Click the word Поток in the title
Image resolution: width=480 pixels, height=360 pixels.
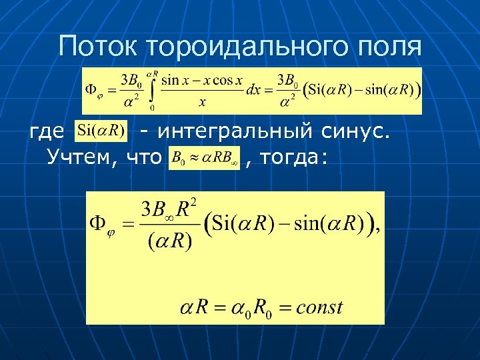[99, 46]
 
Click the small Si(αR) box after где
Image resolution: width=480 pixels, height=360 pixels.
[101, 130]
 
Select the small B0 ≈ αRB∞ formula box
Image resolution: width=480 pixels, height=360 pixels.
[205, 158]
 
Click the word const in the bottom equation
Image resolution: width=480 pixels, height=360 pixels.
[319, 307]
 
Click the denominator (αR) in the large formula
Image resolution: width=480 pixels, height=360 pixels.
[169, 240]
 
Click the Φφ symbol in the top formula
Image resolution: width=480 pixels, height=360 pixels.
[93, 91]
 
